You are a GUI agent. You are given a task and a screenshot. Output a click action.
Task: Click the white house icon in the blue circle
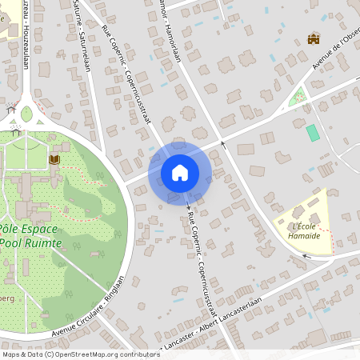(x=180, y=172)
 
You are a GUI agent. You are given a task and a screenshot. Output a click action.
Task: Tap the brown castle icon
(x=314, y=38)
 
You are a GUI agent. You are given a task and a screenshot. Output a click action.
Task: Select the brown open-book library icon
(x=54, y=160)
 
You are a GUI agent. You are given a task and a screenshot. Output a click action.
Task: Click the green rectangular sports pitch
(x=313, y=132)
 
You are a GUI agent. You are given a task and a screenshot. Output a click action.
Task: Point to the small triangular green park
(x=298, y=98)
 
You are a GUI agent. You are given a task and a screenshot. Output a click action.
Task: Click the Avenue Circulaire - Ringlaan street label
(x=87, y=308)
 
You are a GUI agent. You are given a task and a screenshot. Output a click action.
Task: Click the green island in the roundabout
(x=26, y=114)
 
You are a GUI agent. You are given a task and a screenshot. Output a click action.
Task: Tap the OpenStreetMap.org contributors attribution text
(x=107, y=354)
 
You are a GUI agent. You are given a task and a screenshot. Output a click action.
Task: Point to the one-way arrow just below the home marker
(x=189, y=207)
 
